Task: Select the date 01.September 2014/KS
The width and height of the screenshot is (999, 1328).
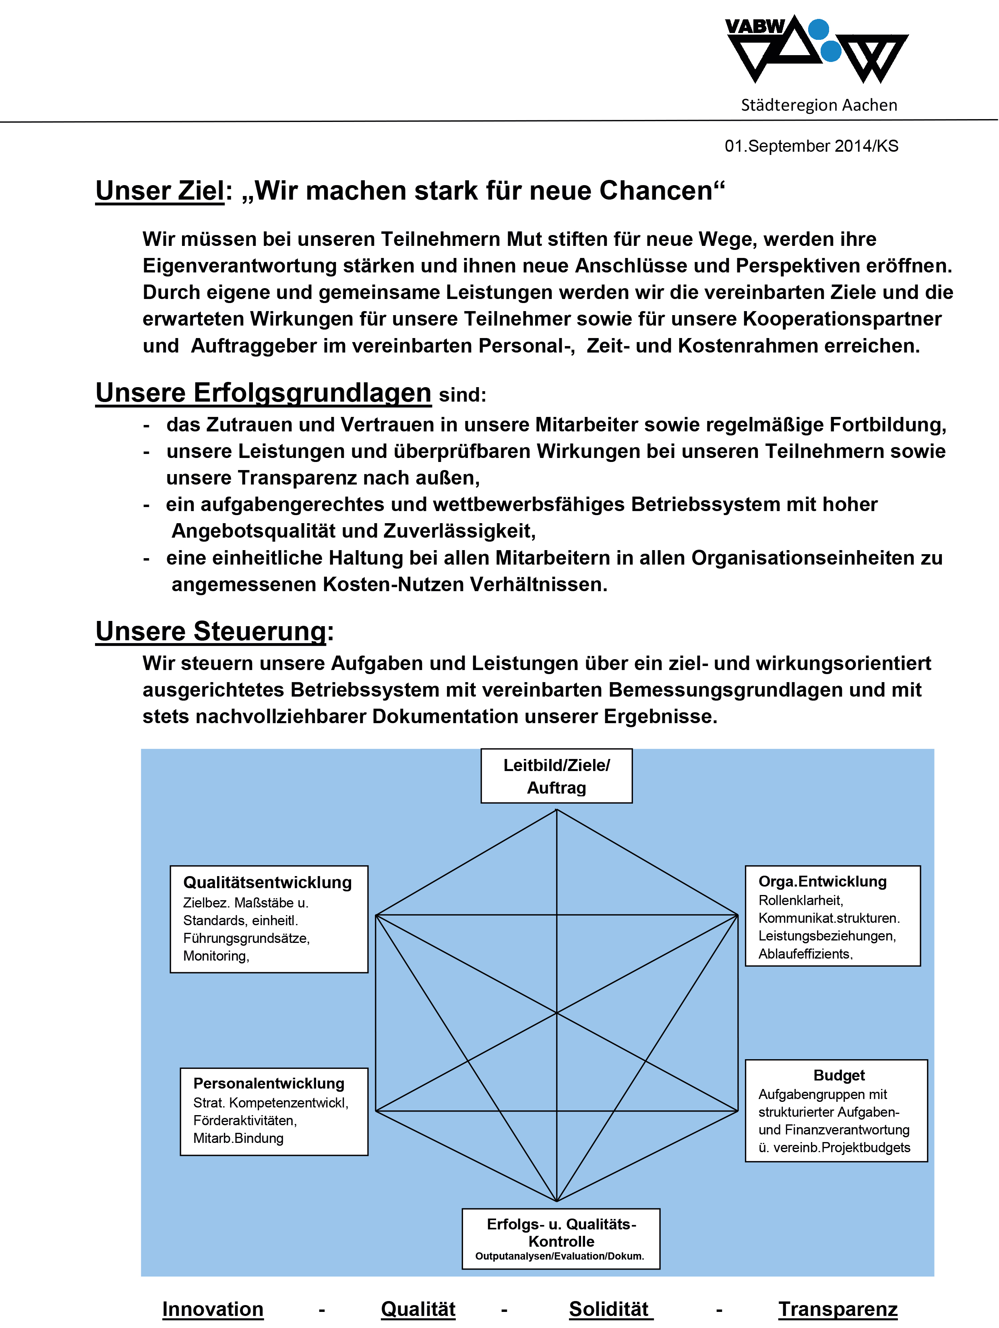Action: coord(811,146)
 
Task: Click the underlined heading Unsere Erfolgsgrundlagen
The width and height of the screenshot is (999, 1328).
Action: coord(263,393)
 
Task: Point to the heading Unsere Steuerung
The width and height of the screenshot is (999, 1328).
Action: coord(211,631)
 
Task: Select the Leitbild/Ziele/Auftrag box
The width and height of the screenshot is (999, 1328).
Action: coord(556,775)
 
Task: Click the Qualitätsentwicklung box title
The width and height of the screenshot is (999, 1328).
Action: coord(267,883)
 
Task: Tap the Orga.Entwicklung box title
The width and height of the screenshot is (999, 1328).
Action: coord(822,881)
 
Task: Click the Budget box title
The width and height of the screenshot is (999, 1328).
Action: coord(839,1075)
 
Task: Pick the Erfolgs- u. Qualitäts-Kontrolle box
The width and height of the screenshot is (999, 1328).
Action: coord(561,1239)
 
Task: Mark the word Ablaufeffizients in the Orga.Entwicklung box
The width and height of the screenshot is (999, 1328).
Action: coord(805,954)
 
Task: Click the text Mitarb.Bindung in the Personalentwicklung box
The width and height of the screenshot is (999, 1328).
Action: coord(238,1138)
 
